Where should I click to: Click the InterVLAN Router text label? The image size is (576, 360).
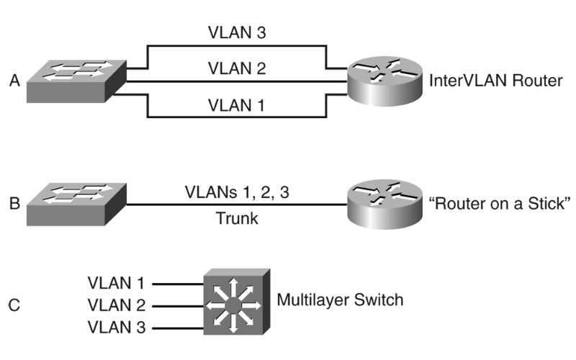click(495, 81)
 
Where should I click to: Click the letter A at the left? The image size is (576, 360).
click(14, 81)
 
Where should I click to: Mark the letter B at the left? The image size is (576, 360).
click(14, 204)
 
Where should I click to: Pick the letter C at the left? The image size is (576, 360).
click(14, 305)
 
